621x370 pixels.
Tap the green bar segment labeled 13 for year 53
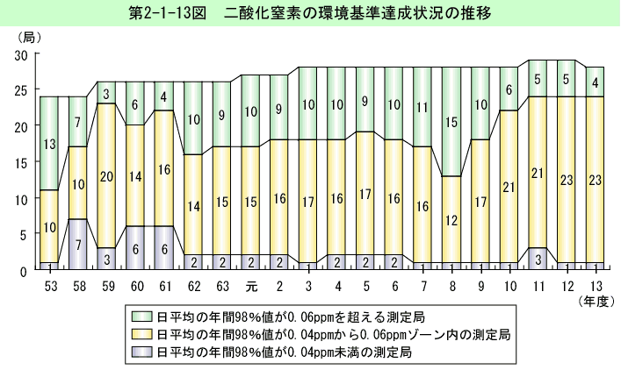[x=49, y=143]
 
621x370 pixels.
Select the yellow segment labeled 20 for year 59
[x=106, y=175]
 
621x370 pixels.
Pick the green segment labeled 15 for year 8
[x=451, y=122]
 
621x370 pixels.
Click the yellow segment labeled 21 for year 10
[x=508, y=187]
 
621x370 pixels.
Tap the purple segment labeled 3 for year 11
[x=536, y=260]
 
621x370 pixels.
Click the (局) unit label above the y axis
[x=29, y=38]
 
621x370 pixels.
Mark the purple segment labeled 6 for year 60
[x=135, y=248]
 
